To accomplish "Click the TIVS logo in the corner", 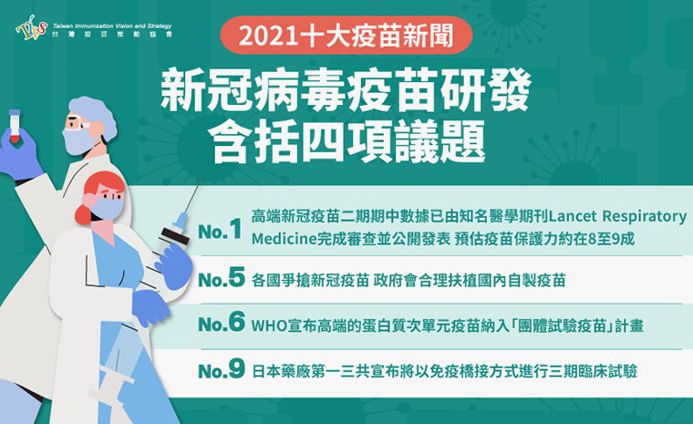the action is click(x=31, y=27).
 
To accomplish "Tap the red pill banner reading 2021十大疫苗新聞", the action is click(x=346, y=36).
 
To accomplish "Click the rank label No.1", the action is click(x=220, y=230).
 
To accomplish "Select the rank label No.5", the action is click(x=222, y=278).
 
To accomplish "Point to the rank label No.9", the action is click(x=222, y=368).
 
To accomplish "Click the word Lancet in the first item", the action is click(x=573, y=216).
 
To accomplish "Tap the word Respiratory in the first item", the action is click(x=645, y=217).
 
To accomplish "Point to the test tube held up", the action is click(x=15, y=126).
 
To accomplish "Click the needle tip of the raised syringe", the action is click(x=202, y=178).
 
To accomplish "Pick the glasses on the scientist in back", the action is click(x=78, y=123).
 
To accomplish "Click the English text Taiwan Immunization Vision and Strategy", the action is click(x=112, y=26).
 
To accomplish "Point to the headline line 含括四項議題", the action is click(x=346, y=142).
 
